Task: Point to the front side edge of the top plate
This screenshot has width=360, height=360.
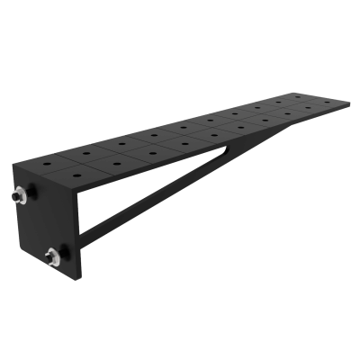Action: point(216,144)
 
